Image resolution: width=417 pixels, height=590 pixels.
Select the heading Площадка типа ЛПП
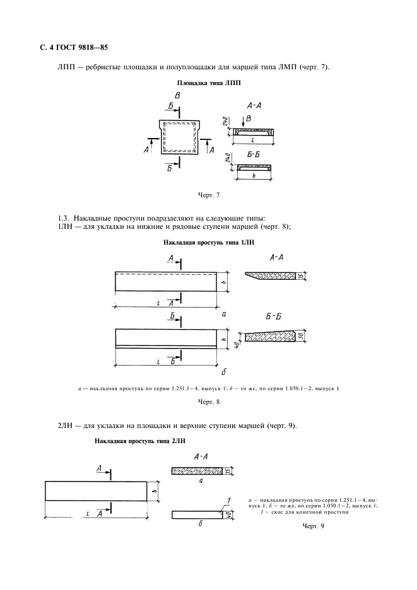tap(208, 83)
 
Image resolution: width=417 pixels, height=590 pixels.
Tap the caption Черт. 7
tap(208, 195)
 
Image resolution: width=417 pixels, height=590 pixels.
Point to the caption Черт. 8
tap(208, 402)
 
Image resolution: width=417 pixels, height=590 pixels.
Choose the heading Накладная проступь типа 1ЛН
tap(208, 242)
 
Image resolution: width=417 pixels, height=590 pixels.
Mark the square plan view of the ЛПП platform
tap(180, 138)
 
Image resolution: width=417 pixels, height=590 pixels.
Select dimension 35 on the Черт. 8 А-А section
tap(302, 275)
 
